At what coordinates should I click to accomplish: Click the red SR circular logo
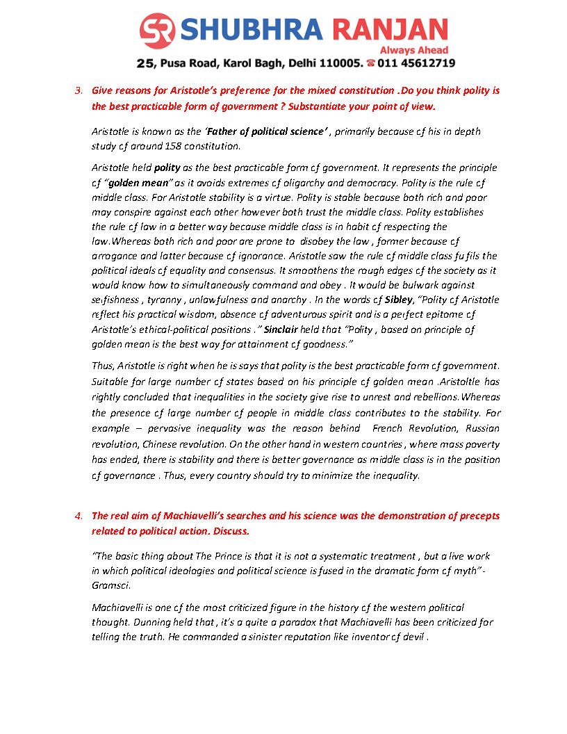pyautogui.click(x=158, y=31)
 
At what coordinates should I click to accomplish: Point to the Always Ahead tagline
pyautogui.click(x=413, y=50)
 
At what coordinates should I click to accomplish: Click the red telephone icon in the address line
pyautogui.click(x=371, y=63)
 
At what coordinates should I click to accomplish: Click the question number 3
pyautogui.click(x=79, y=90)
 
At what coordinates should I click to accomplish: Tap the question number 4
pyautogui.click(x=79, y=516)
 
